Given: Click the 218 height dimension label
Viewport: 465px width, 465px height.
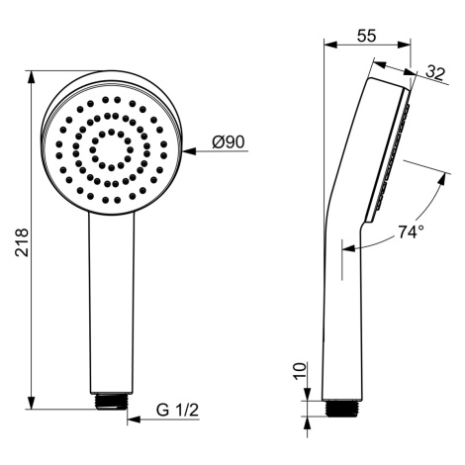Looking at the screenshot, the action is point(23,242).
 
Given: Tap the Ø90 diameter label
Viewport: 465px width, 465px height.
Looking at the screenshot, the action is point(229,142).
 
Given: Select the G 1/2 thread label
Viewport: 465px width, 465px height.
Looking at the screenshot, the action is point(178,410).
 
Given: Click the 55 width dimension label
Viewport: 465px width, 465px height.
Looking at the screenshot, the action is point(367,36).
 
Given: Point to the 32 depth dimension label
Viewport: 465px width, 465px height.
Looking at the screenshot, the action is point(435,73).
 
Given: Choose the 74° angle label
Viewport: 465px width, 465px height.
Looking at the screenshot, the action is point(411,232).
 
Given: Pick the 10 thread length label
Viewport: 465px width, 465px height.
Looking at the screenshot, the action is point(300,371).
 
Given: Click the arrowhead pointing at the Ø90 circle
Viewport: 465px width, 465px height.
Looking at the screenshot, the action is point(189,151).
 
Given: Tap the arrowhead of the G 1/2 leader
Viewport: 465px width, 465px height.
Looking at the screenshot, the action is point(134,419).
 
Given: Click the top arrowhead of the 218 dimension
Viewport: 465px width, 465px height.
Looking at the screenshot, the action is point(31,77).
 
